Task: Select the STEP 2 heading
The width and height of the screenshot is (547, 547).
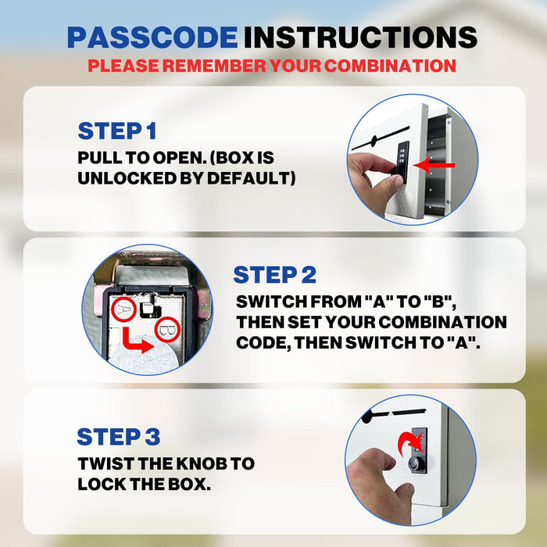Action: [274, 274]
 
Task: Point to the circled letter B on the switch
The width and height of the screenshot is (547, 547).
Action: [166, 331]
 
